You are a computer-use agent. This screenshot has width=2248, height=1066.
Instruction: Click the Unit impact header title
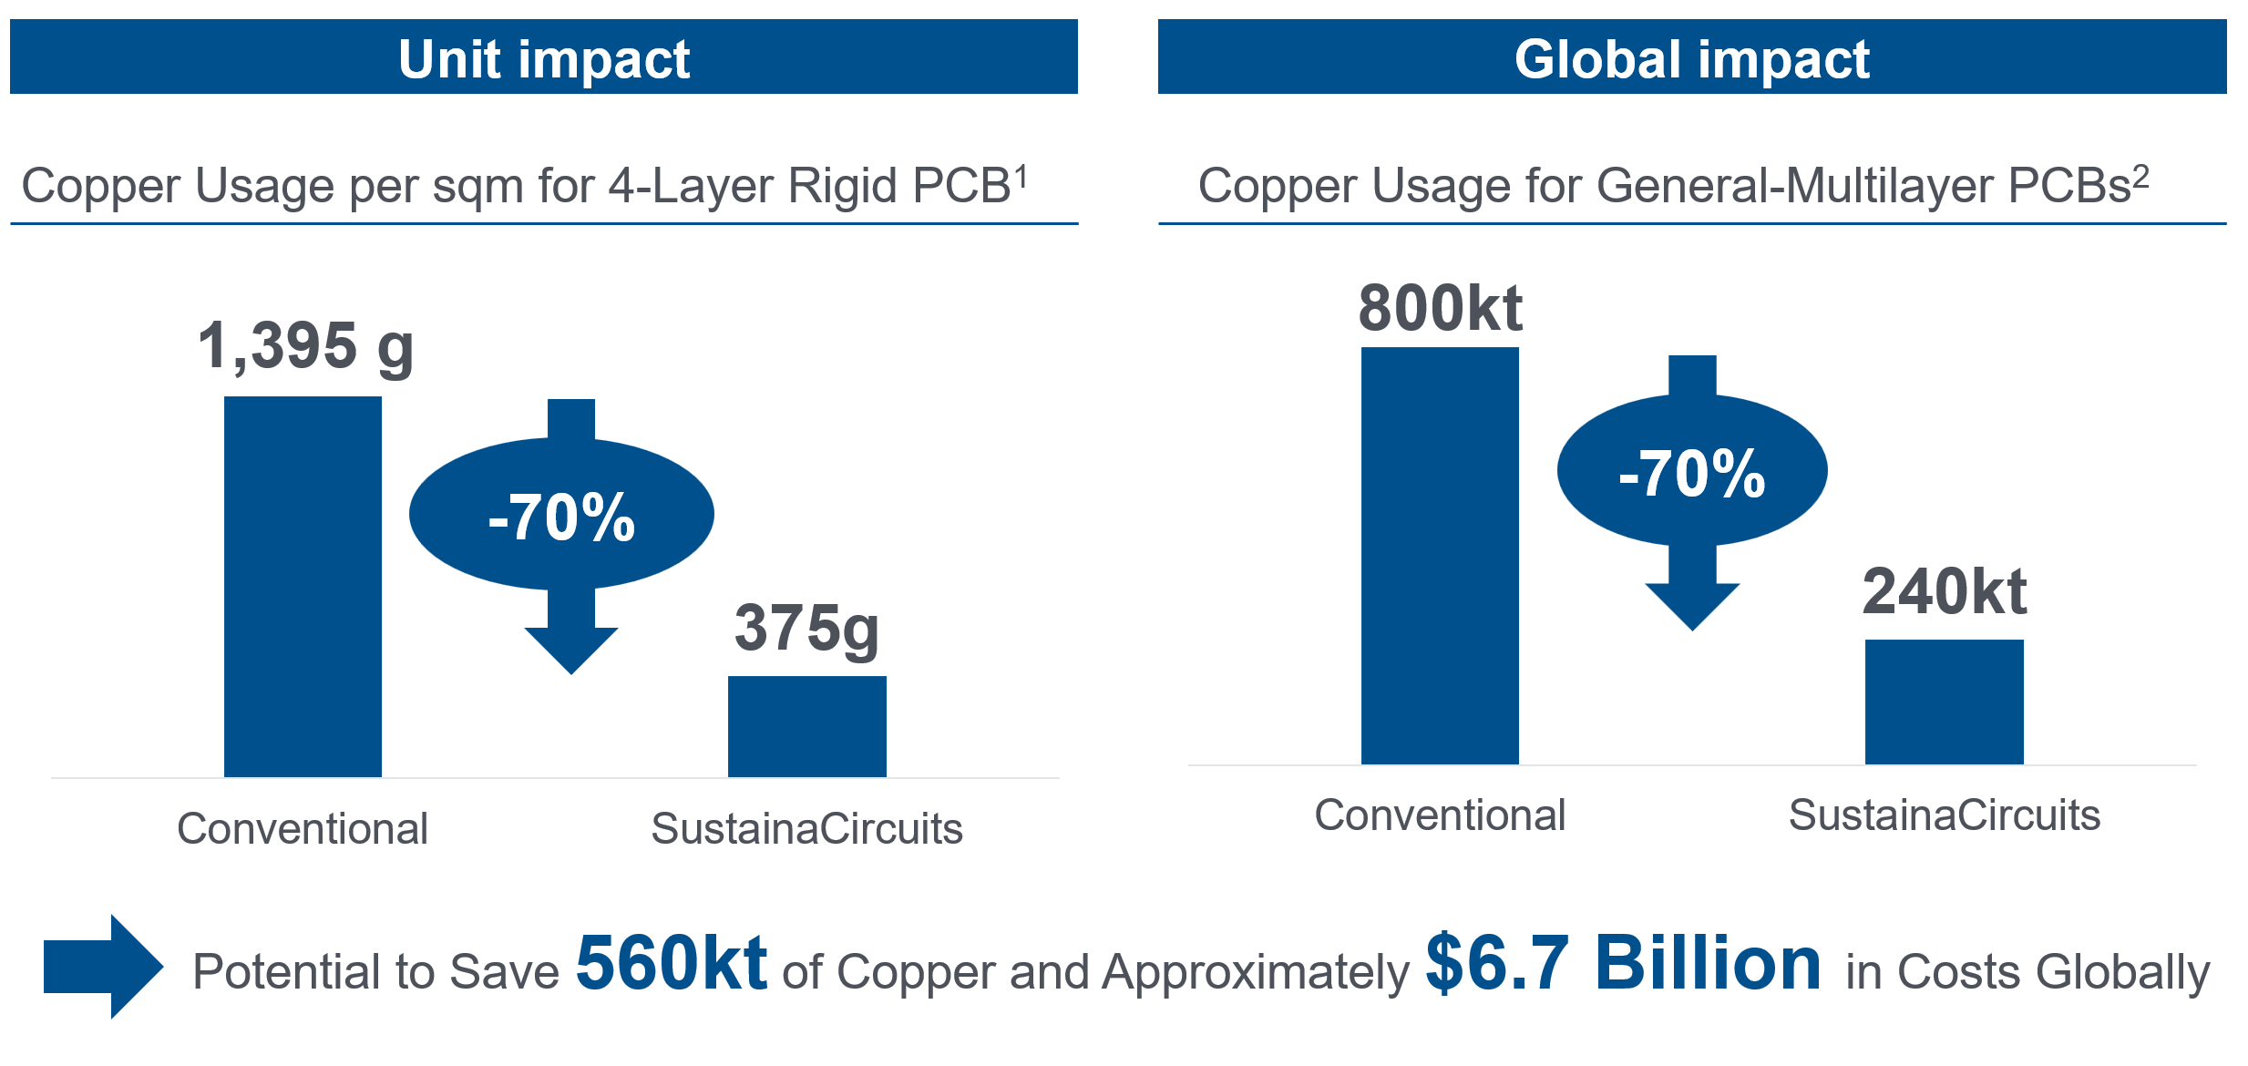coord(544,59)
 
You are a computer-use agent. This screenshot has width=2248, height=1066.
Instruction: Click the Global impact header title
coord(1692,59)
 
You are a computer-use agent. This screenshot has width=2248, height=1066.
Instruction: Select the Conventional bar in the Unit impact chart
coord(303,587)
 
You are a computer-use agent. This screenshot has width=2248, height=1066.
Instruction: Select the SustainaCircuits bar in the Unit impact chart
coord(807,726)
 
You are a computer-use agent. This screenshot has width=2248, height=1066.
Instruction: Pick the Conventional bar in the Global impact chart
coord(1440,556)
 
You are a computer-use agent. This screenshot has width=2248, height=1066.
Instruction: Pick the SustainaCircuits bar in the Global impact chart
coord(1945,702)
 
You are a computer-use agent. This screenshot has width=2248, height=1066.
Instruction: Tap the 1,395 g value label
coord(305,347)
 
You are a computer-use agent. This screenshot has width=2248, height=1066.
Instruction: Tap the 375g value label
coord(806,629)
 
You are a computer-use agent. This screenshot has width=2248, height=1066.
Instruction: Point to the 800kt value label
coord(1440,308)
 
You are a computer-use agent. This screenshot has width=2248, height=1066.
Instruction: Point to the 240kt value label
coord(1945,591)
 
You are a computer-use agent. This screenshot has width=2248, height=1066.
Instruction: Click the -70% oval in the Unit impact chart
coord(561,514)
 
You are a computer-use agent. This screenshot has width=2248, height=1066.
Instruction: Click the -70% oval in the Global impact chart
coord(1692,470)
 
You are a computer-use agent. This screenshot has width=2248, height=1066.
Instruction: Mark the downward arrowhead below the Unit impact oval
coord(571,650)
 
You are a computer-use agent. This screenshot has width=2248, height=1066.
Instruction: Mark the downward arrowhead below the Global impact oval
coord(1692,606)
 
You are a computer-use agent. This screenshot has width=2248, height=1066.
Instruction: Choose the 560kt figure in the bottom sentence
coord(672,962)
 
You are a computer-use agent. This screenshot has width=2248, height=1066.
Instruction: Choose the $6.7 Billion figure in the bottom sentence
coord(1624,962)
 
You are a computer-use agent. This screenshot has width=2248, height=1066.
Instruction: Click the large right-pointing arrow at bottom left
coord(104,967)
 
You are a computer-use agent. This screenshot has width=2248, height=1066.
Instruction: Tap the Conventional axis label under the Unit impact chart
coord(303,828)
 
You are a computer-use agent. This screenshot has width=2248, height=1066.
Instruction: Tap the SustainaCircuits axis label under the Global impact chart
coord(1945,815)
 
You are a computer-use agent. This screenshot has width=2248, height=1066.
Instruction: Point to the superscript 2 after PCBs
coord(2140,175)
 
